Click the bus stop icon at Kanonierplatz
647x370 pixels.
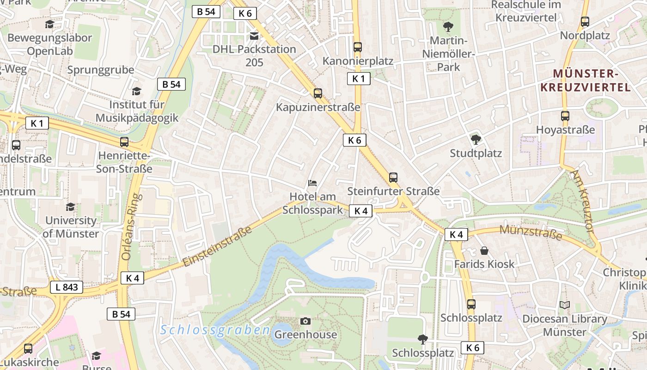click(x=357, y=47)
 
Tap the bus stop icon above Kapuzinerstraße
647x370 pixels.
click(x=317, y=93)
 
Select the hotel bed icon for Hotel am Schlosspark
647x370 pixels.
click(x=313, y=183)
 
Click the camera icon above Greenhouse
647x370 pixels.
click(x=305, y=321)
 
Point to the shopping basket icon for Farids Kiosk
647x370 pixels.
click(x=484, y=251)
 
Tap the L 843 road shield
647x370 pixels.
click(x=67, y=287)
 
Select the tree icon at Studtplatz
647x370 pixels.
click(x=476, y=139)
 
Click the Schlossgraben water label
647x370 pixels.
click(x=215, y=330)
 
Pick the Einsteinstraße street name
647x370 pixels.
click(x=218, y=246)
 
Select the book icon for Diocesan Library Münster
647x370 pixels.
click(x=564, y=305)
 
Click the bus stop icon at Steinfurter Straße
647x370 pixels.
click(x=393, y=177)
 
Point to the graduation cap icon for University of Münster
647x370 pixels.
click(x=70, y=207)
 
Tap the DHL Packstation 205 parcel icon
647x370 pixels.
click(x=254, y=35)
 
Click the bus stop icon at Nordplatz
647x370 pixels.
click(x=585, y=21)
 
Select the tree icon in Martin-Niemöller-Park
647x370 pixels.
click(x=447, y=26)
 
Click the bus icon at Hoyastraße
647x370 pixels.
click(x=565, y=116)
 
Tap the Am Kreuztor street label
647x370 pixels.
click(x=582, y=200)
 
